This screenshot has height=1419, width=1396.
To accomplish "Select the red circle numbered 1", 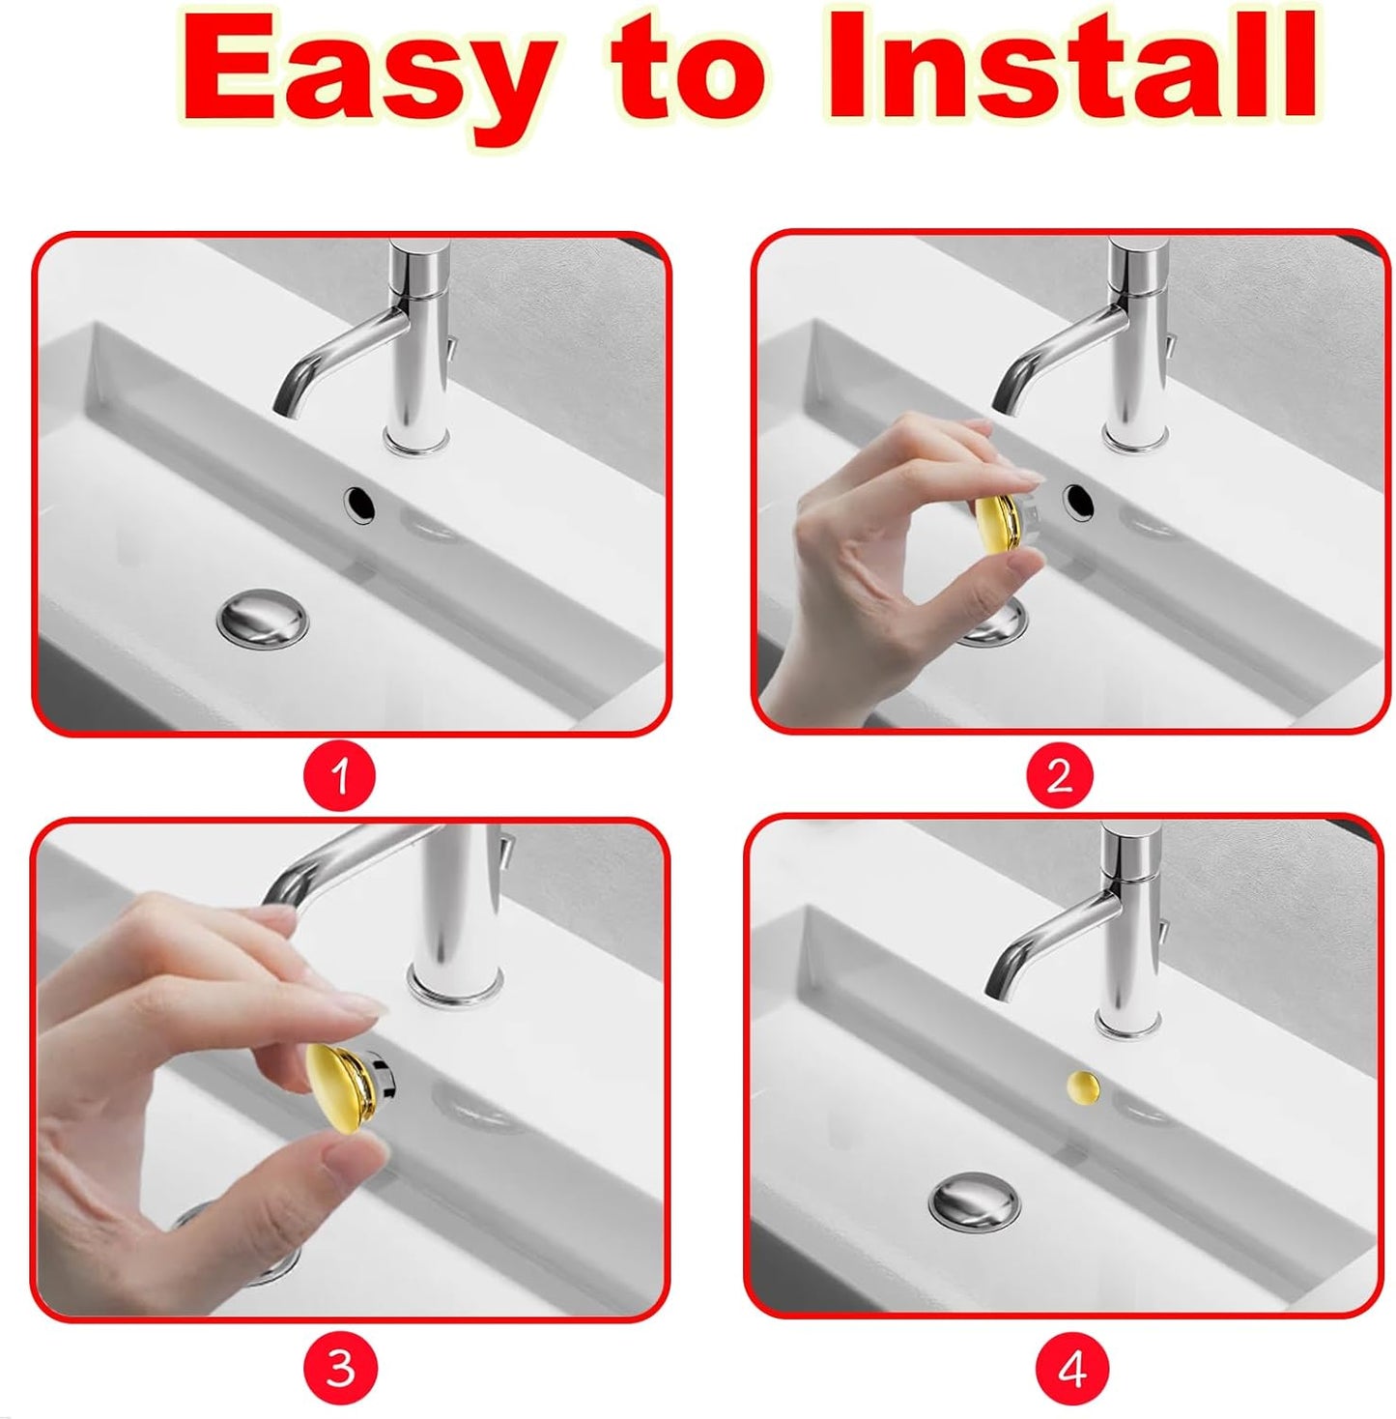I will click(339, 775).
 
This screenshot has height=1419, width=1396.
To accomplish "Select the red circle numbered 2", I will click(1060, 775).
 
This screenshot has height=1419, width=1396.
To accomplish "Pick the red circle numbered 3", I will click(340, 1368).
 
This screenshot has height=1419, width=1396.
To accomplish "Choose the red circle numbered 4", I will click(1071, 1369).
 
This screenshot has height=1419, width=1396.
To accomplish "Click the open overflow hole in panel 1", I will click(358, 503).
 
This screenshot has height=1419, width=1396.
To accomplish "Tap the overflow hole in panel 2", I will click(1078, 500).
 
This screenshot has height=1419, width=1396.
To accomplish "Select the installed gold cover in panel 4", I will click(1083, 1086).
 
